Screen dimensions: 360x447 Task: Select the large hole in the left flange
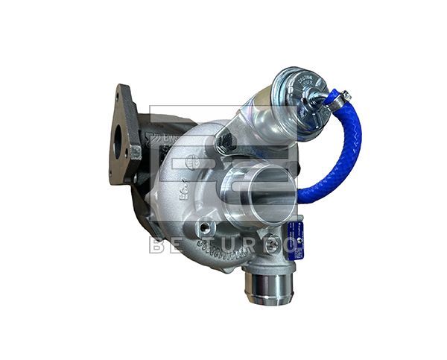click(119, 145)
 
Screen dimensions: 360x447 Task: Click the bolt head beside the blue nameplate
click(274, 243)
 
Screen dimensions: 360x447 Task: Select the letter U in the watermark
click(234, 245)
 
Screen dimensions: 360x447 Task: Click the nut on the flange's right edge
click(136, 153)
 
